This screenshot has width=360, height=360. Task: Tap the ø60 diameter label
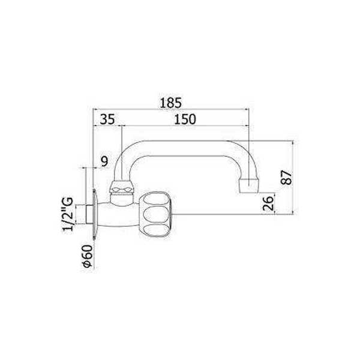(87, 254)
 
